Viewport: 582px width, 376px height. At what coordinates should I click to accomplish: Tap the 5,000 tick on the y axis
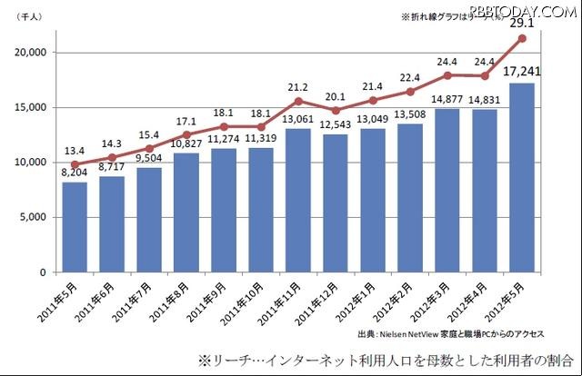pos(32,218)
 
